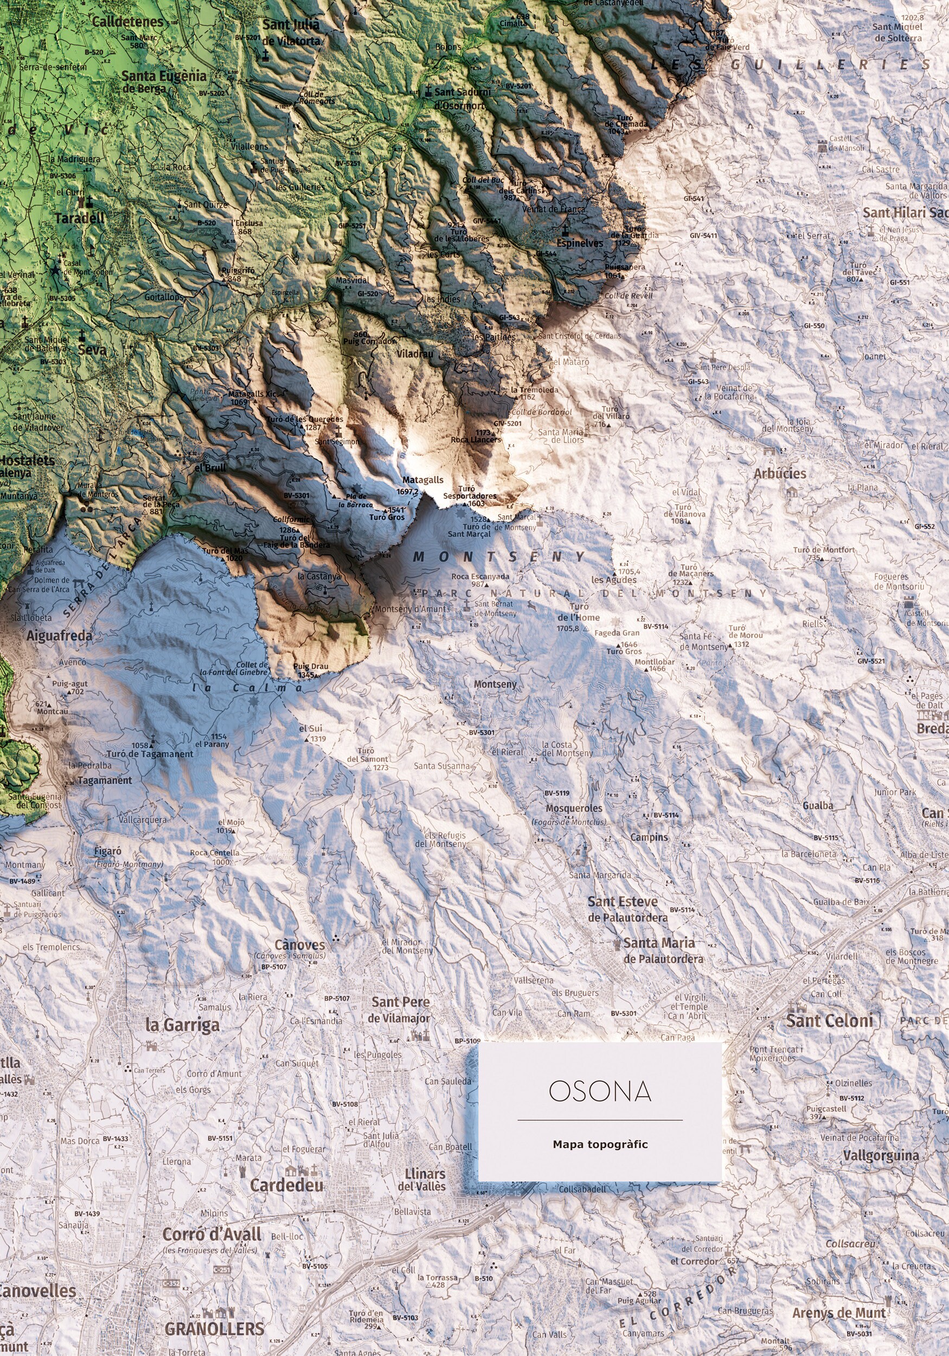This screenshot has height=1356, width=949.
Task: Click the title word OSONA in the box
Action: [x=599, y=1092]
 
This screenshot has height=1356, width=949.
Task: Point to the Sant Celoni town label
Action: [x=829, y=1021]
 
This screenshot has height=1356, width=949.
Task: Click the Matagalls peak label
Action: [x=423, y=480]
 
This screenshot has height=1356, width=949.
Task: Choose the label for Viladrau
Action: [x=414, y=354]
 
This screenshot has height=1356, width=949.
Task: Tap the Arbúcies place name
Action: [x=779, y=474]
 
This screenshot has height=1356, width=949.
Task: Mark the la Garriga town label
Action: [x=182, y=1025]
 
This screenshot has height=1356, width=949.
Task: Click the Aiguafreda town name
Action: [x=59, y=636]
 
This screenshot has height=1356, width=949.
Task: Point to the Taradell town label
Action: [x=79, y=218]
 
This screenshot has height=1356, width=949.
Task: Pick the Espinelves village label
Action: [x=579, y=243]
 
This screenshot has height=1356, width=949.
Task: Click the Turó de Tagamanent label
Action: [x=150, y=754]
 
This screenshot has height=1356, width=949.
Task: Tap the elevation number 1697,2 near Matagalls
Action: [x=407, y=491]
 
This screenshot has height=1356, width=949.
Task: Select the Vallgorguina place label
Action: [x=881, y=1156]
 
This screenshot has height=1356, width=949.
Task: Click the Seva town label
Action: [x=92, y=349]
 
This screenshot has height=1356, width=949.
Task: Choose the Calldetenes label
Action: [x=127, y=22]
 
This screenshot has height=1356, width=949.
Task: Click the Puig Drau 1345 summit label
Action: [x=311, y=671]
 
